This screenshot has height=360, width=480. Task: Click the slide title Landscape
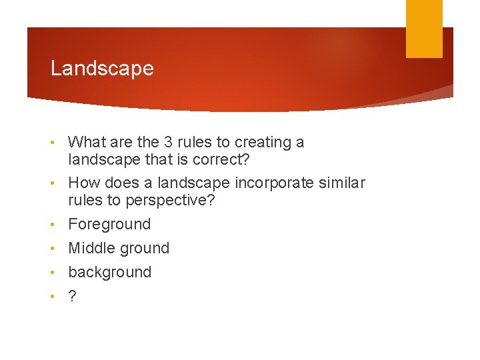102,69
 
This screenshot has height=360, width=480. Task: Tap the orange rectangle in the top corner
424,28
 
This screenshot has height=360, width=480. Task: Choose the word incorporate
273,183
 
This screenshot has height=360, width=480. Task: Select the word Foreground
109,224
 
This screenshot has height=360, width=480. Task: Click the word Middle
91,248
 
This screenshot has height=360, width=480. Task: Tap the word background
110,272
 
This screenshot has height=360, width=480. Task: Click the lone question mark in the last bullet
72,296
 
